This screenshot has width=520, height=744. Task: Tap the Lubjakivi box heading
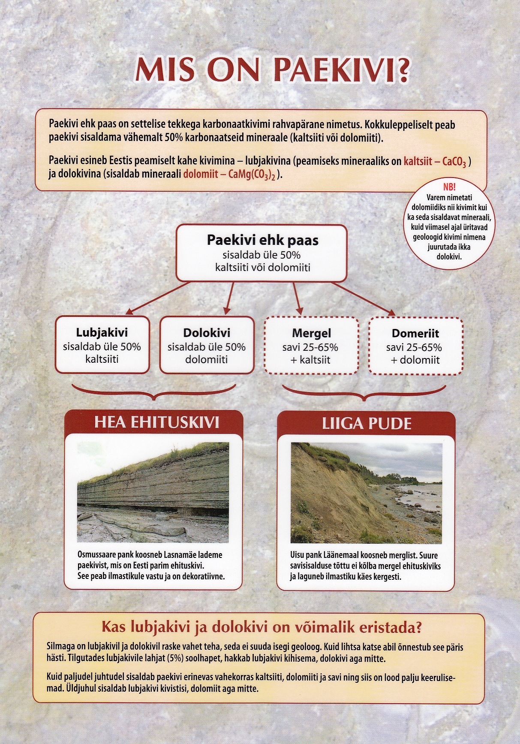[x=102, y=332]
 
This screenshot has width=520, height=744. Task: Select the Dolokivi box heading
[x=207, y=333]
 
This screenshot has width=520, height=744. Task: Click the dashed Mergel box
[x=312, y=346]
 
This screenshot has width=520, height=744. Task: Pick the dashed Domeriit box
[x=415, y=346]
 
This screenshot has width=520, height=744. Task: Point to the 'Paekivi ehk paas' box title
[x=262, y=240]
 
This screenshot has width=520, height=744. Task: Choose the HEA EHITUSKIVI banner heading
[x=156, y=422]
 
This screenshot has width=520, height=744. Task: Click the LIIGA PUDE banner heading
[x=367, y=424]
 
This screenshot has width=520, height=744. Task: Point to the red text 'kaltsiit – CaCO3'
[x=435, y=162]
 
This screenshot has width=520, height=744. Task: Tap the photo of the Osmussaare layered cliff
[x=153, y=492]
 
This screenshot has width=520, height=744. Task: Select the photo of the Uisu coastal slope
[x=366, y=493]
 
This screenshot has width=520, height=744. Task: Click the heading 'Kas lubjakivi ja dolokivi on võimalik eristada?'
[x=262, y=627]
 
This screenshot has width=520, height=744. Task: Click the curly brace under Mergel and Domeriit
[x=364, y=393]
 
